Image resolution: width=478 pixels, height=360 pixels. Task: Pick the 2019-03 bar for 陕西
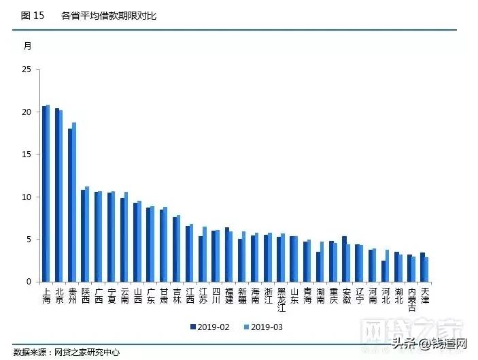pyautogui.click(x=87, y=234)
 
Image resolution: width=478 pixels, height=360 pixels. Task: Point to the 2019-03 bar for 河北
pyautogui.click(x=387, y=265)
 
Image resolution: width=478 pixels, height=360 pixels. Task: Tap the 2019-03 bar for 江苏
pyautogui.click(x=204, y=254)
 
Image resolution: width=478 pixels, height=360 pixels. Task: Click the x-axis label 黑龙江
pyautogui.click(x=281, y=299)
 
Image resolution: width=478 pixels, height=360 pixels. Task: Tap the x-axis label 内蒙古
pyautogui.click(x=411, y=299)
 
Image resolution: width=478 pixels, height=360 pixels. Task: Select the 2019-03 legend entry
pyautogui.click(x=262, y=327)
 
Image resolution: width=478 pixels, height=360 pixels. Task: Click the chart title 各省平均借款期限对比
pyautogui.click(x=108, y=15)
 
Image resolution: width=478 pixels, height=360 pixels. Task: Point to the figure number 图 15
pyautogui.click(x=32, y=15)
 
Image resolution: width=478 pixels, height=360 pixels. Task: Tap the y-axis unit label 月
pyautogui.click(x=27, y=46)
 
